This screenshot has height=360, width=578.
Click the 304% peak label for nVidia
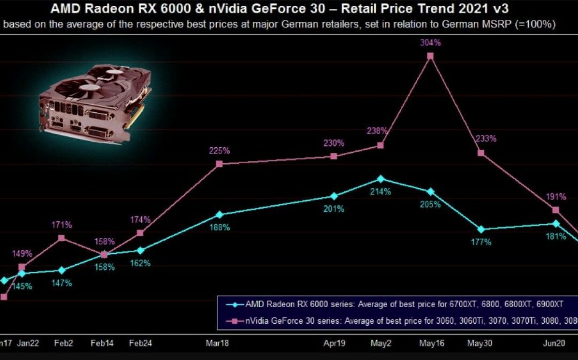coord(430,43)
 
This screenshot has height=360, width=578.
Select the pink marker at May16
coord(430,56)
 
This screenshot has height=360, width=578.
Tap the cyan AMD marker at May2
coord(381,179)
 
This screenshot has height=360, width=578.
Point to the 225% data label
coord(219,151)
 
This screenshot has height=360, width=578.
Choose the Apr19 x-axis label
coord(333,343)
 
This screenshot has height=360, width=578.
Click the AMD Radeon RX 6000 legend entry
coord(396,304)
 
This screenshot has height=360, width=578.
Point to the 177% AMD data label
coord(481,242)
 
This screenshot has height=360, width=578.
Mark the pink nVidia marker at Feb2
coord(62,238)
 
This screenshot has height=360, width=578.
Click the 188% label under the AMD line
coord(219,227)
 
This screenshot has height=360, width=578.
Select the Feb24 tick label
coord(140,343)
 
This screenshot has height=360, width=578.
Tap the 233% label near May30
coord(486,139)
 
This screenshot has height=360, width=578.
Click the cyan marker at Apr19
coord(334,196)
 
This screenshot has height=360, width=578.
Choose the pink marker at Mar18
coord(219,164)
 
